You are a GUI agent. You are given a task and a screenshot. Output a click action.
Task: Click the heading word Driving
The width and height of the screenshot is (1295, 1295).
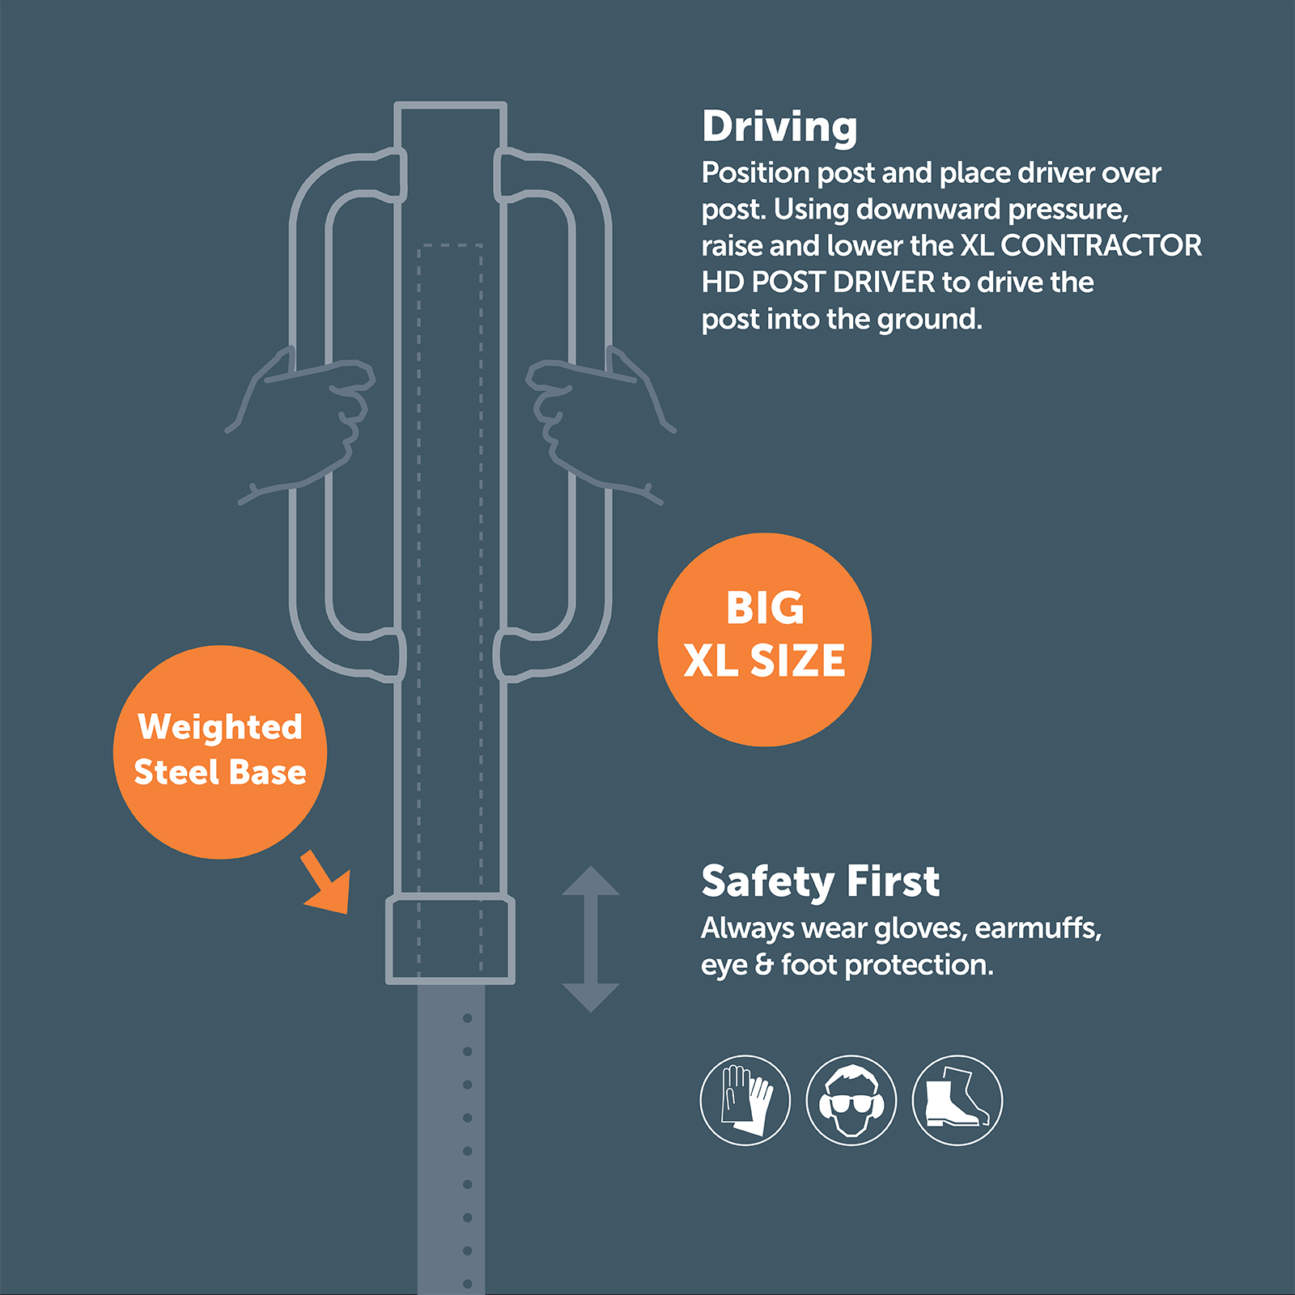[x=779, y=128]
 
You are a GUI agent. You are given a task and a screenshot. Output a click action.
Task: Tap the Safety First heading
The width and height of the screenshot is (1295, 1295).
[x=820, y=881]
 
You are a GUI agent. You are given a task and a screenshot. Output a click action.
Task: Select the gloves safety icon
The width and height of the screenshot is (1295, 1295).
[x=745, y=1100]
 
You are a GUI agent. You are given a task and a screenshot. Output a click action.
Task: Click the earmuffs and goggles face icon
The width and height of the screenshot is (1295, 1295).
[x=851, y=1100]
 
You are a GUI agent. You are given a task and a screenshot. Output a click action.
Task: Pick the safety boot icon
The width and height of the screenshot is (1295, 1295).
[x=957, y=1100]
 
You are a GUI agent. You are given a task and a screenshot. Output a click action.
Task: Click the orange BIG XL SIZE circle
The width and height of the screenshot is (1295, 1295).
[x=765, y=639]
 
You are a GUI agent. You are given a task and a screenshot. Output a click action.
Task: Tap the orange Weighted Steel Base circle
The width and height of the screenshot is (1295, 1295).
[x=220, y=752]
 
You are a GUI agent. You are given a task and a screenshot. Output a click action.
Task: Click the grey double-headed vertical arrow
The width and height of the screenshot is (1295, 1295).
[x=591, y=939]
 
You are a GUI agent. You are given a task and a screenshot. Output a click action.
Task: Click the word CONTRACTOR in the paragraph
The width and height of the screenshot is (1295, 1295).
[x=1102, y=245]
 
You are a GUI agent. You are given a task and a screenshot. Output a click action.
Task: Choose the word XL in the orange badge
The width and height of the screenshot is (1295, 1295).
[x=710, y=660]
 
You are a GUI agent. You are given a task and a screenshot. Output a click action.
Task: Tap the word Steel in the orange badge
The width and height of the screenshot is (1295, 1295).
[x=176, y=772]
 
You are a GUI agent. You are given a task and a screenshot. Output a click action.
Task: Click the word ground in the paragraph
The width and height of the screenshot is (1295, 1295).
[x=930, y=321]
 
